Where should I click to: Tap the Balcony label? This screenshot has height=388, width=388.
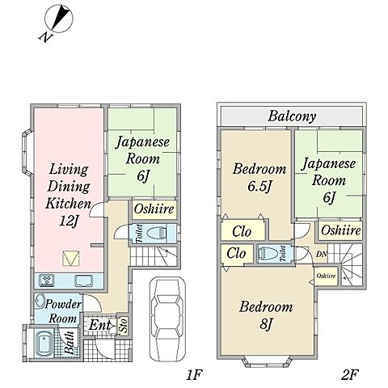(x=292, y=116)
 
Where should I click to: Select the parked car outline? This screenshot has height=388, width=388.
(x=168, y=319)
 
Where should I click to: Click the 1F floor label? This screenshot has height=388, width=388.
(x=194, y=374)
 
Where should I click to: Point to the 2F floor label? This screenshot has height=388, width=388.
(x=350, y=374)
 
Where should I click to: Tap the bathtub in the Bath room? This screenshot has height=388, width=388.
(x=43, y=344)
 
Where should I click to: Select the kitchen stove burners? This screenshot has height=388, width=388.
(x=47, y=280)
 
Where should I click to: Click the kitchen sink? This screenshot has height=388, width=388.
(x=84, y=280)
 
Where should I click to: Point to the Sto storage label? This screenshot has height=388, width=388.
(x=124, y=325)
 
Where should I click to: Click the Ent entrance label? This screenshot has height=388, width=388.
(x=99, y=325)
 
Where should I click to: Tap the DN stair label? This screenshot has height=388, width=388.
(x=322, y=254)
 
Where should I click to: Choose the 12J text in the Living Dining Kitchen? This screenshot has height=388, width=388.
(x=69, y=221)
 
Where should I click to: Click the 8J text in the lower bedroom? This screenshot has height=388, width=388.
(x=266, y=324)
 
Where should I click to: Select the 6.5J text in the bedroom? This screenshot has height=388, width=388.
(x=259, y=187)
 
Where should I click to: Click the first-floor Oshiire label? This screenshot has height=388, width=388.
(x=154, y=209)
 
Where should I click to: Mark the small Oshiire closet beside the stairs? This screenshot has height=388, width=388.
(x=327, y=276)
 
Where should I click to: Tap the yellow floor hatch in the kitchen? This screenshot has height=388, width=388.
(x=71, y=259)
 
